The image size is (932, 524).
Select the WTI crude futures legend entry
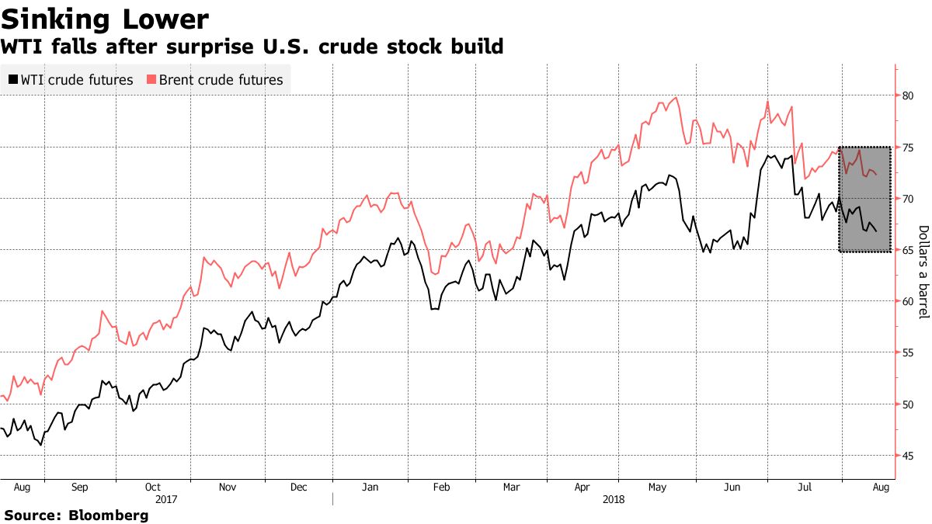(x=76, y=80)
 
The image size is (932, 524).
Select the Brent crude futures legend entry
(x=221, y=80)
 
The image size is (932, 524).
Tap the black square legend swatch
(x=12, y=80)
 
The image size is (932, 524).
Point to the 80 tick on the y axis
(x=907, y=95)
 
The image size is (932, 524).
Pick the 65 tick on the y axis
(x=907, y=250)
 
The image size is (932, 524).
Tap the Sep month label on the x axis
(x=78, y=488)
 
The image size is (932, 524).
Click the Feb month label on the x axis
(x=441, y=488)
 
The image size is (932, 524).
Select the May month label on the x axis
(x=657, y=488)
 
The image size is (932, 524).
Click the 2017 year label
(x=168, y=501)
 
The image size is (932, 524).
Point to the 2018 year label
(x=615, y=501)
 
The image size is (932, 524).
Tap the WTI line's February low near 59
(x=433, y=309)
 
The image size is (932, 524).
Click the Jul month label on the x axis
(x=805, y=488)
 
